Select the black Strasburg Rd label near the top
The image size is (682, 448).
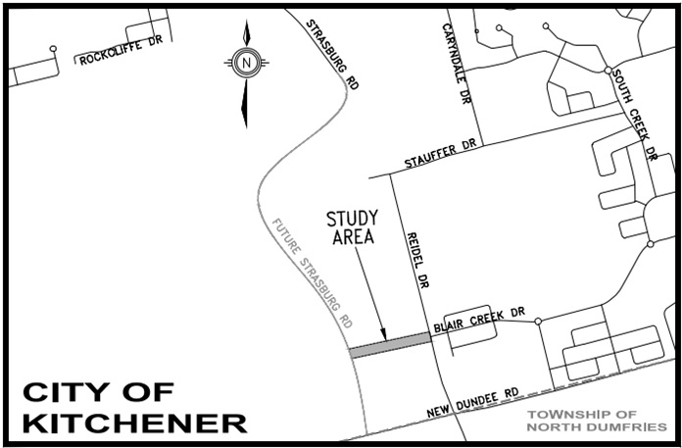click(331, 54)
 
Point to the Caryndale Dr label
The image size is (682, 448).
click(455, 64)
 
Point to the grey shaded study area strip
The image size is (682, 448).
click(390, 343)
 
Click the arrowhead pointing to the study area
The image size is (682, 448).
click(384, 335)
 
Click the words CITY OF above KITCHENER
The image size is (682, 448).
click(98, 392)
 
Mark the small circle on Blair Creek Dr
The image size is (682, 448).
click(538, 322)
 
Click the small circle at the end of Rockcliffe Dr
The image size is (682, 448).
click(53, 48)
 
